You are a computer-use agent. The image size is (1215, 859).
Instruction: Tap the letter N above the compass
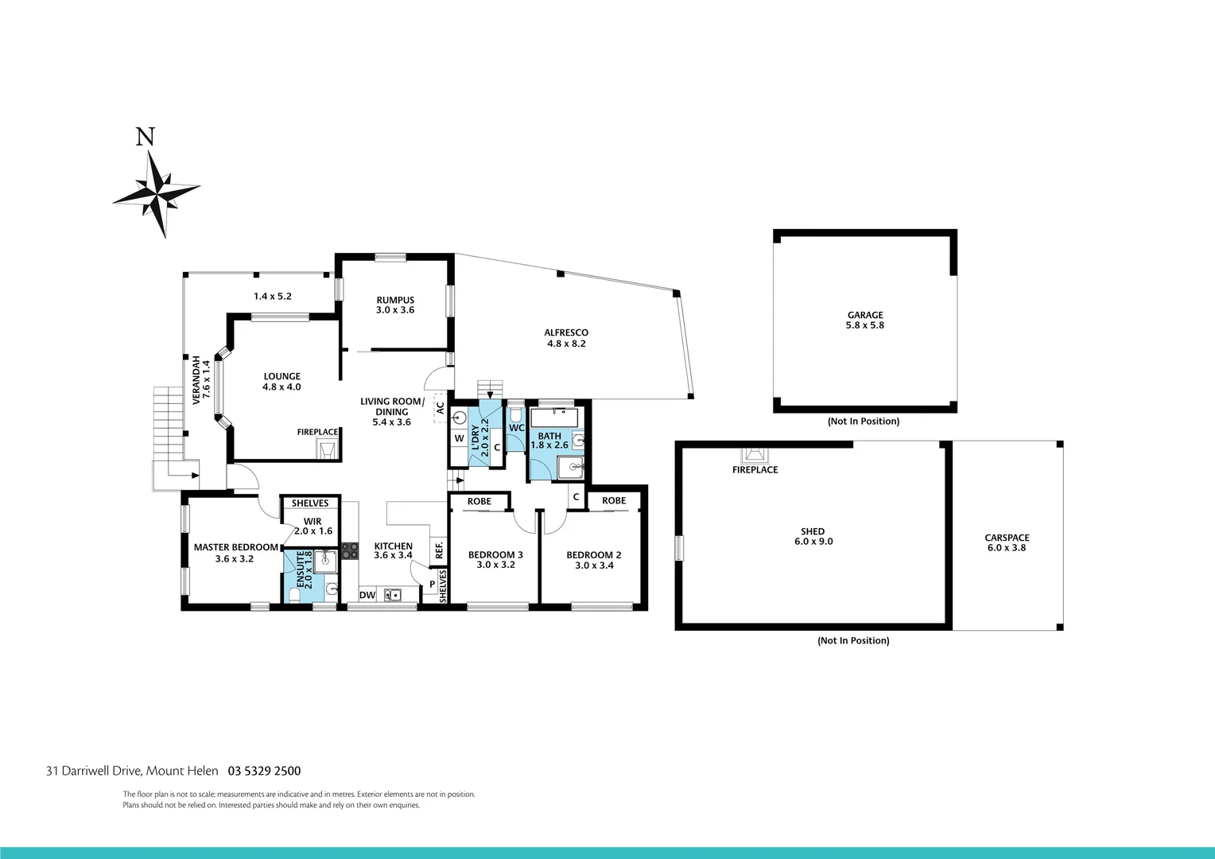(145, 138)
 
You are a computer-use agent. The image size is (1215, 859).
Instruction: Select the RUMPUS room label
(395, 305)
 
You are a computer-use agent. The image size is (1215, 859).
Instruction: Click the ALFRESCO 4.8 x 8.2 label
(566, 338)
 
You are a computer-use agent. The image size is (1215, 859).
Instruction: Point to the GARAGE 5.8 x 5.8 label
(865, 320)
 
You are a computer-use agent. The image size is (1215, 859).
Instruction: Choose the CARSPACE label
(1007, 542)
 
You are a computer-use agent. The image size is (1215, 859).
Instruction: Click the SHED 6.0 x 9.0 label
(813, 536)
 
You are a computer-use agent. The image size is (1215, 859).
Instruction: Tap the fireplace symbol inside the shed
(755, 454)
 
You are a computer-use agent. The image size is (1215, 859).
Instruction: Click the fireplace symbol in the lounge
(327, 450)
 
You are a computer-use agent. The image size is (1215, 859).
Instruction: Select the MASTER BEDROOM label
(236, 553)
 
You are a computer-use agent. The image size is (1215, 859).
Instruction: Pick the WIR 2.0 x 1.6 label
(312, 527)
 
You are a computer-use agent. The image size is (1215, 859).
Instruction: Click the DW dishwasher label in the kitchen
(367, 595)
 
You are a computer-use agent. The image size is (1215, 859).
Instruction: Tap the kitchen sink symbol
(392, 594)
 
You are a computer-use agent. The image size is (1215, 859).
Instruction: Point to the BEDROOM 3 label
(495, 560)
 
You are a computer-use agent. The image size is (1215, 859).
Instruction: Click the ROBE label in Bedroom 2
(614, 500)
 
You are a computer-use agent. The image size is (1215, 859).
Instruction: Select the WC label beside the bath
(516, 428)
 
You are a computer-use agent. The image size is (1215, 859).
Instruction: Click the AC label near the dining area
(440, 408)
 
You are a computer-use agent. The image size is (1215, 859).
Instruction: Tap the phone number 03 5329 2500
(264, 771)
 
